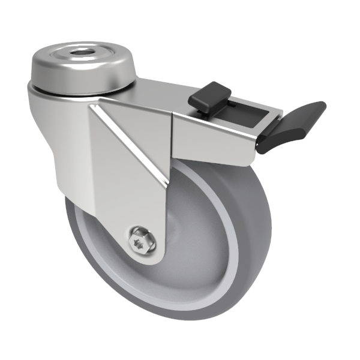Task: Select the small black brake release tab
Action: [209, 97]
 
